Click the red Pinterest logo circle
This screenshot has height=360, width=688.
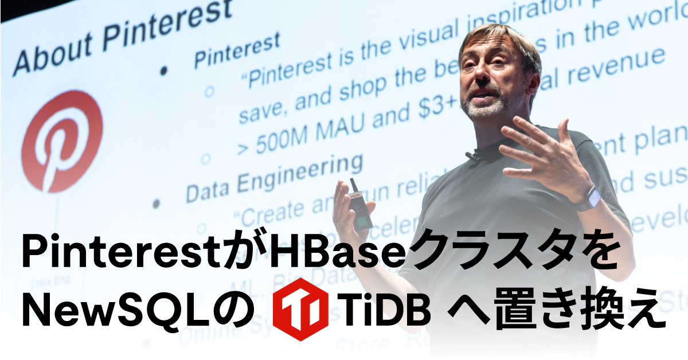coord(62,140)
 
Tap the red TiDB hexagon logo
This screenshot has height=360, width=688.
coord(296,309)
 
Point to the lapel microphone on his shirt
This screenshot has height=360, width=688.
coord(472,154)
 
